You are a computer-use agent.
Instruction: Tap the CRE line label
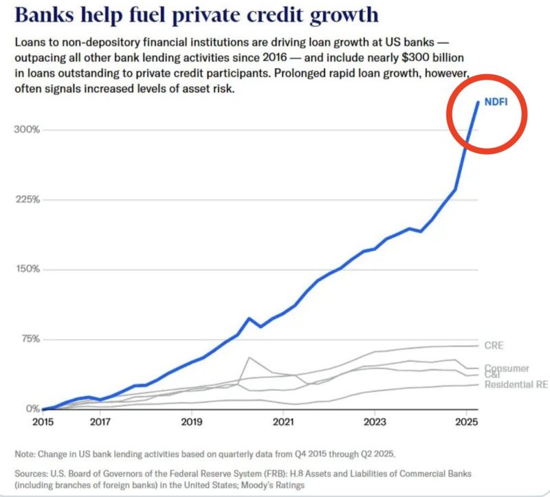click(494, 345)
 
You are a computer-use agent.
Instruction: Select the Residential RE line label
click(516, 384)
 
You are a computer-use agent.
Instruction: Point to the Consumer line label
click(506, 368)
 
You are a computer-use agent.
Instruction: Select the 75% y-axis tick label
click(29, 339)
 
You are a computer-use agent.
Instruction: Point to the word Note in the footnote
click(25, 454)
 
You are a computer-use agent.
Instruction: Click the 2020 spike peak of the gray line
click(248, 357)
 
